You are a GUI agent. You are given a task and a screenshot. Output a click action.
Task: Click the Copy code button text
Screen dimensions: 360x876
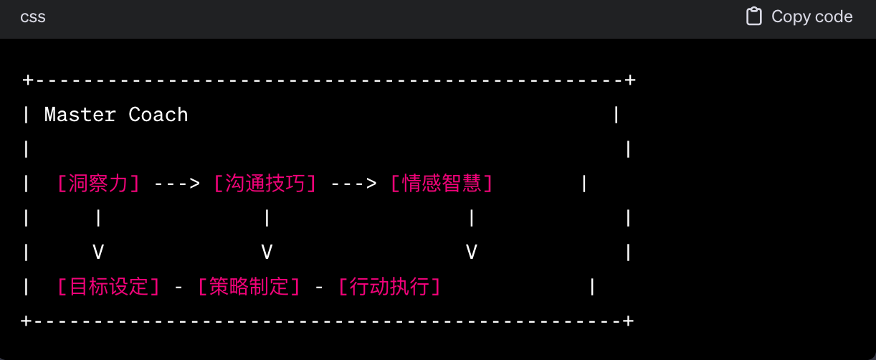(811, 16)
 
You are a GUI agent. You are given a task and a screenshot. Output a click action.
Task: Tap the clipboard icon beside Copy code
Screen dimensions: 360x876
(753, 16)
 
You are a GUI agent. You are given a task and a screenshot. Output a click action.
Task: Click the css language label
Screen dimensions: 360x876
(33, 16)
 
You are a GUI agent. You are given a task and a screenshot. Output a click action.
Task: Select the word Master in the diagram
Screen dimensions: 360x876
(80, 115)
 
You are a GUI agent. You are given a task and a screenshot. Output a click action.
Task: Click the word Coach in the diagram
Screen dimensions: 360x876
(158, 115)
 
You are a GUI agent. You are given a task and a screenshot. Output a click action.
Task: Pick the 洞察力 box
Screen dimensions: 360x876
(97, 184)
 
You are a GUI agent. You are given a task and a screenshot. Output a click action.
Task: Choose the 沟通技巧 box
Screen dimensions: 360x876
(265, 184)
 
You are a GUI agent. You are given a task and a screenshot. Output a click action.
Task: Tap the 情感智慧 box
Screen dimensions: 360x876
(442, 184)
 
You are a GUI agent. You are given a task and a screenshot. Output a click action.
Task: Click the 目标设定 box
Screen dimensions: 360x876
(108, 287)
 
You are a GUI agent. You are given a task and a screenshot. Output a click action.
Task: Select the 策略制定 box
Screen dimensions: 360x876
(248, 287)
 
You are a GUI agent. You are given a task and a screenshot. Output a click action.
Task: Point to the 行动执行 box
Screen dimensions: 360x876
(389, 287)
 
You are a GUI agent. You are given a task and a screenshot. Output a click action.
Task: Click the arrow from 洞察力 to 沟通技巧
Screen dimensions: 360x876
(177, 184)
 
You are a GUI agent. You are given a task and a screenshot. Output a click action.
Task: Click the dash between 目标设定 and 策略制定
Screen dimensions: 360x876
(178, 287)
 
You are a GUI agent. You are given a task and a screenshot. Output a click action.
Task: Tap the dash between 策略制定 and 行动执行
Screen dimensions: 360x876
(319, 287)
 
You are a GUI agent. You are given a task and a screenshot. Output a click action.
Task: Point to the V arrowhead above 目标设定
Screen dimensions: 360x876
(98, 252)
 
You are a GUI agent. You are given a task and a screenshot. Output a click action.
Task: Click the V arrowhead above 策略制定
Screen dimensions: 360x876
(267, 252)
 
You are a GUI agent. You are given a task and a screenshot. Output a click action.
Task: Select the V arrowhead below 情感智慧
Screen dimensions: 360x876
(471, 252)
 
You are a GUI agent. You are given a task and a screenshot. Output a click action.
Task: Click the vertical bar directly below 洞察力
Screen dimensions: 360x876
(98, 218)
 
